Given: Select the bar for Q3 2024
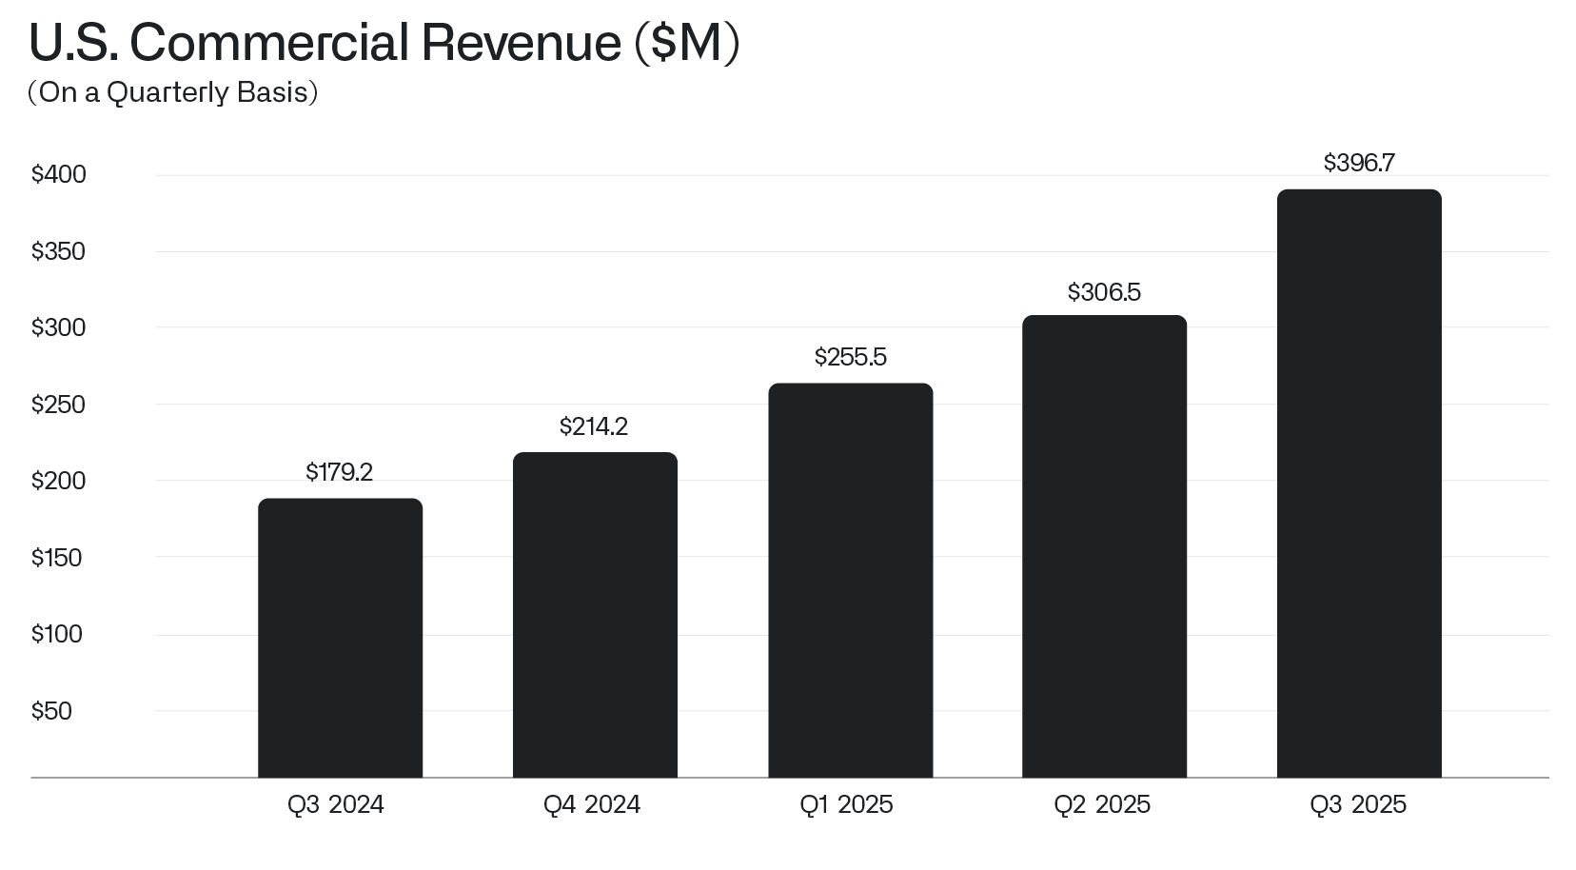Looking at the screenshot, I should pos(340,638).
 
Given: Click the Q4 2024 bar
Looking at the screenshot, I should pos(595,615).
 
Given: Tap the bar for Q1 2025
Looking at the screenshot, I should pos(850,581).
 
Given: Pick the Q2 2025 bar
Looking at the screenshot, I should pos(1104,546).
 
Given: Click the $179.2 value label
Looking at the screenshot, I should pos(339,472).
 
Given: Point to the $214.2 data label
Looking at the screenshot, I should pos(594,426).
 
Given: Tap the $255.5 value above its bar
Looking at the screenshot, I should pos(850,357).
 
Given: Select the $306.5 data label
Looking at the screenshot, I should pos(1104,292).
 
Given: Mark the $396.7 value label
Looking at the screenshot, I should pos(1359,164).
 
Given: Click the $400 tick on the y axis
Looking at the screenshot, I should pos(58,175).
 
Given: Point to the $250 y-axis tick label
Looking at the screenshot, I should pos(58,405).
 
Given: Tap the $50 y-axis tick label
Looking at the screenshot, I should pos(51,711).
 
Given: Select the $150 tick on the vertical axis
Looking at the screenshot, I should pos(57,558).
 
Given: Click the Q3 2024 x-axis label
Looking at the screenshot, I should pos(335,805).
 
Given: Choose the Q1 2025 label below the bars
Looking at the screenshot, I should pos(846,805).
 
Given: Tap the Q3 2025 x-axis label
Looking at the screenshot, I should pos(1358,805).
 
